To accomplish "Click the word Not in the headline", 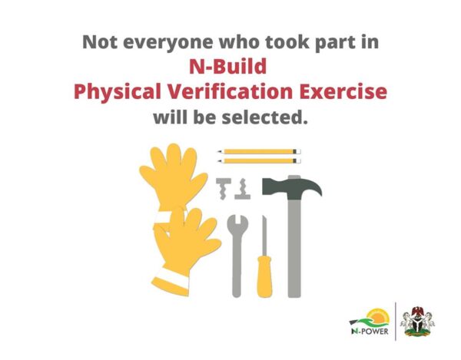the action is pos(100,42).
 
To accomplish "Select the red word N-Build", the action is pos(228,66).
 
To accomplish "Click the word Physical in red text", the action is pos(118,92).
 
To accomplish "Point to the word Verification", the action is pos(230,91).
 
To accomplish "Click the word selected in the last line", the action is pos(264,117).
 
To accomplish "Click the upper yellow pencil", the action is pos(260,151).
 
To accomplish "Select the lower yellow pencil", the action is pos(260,161).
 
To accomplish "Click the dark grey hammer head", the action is pos(291,187).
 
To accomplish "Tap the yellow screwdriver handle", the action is pos(264,276).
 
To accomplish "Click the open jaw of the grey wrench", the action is pos(237,223).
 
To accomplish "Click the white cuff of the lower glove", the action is pos(171,278).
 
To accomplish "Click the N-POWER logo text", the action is pos(370,332).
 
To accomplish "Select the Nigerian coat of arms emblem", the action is pos(417,322).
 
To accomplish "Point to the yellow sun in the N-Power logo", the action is pos(380,317).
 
